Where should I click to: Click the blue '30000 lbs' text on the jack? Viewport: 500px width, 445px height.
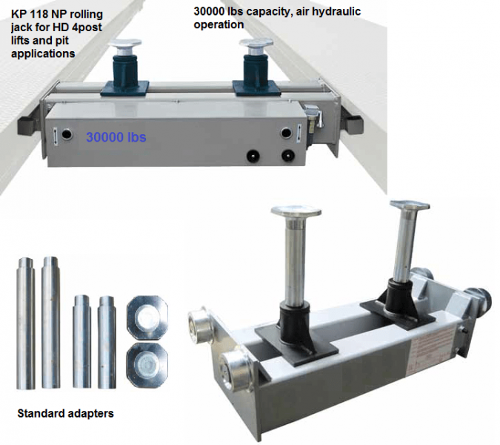click(x=116, y=137)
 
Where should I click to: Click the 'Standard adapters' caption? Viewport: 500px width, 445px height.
click(x=65, y=413)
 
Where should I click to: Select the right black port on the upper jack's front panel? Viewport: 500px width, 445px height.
click(x=286, y=156)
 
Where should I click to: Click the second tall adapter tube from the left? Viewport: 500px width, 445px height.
click(x=50, y=322)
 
